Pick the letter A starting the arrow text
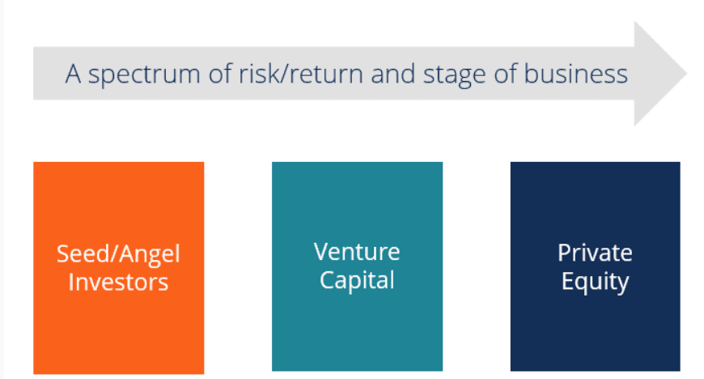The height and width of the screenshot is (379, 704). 74,75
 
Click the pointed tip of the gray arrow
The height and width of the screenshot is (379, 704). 685,74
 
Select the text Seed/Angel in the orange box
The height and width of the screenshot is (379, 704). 118,254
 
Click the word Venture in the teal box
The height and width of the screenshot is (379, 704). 357,252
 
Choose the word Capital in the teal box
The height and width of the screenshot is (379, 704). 357,280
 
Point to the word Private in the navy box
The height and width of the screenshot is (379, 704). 595,253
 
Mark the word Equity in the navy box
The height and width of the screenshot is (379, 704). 595,282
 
